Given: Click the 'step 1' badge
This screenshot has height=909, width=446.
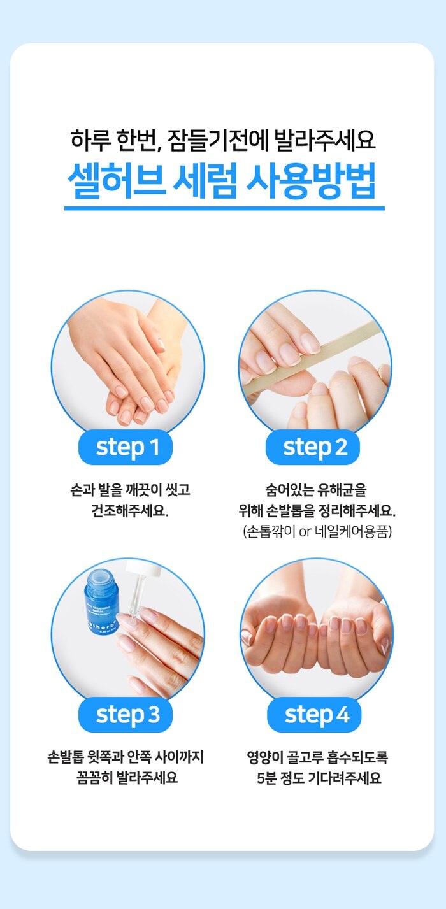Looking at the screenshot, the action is point(126,447).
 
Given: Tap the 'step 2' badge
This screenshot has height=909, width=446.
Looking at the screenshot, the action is point(313,447).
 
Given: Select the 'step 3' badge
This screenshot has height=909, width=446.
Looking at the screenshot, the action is point(126,715).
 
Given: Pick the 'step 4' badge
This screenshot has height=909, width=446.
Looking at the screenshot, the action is point(314,715).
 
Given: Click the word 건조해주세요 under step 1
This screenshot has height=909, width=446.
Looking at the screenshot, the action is point(129,510).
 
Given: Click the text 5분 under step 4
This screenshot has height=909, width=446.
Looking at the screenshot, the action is point(266,778).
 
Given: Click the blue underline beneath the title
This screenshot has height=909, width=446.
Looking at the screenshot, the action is point(224,208).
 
